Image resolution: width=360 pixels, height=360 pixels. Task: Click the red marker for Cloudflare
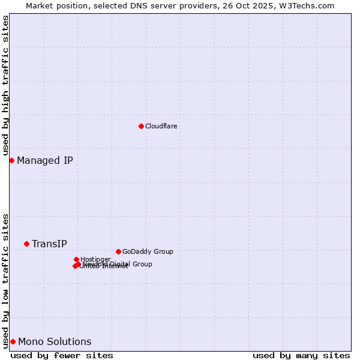point(141,126)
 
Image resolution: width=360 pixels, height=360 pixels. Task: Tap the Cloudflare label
point(161,126)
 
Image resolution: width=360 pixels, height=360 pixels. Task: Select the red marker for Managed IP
point(11,160)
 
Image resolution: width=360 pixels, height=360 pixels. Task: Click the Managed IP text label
point(45,160)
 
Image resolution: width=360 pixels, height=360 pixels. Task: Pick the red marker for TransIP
point(26,244)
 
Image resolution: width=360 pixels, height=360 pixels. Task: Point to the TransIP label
point(49,244)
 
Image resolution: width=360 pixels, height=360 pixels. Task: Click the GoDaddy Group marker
point(118,251)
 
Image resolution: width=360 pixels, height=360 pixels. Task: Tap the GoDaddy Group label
point(148,251)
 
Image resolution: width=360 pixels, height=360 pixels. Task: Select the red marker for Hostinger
point(76,259)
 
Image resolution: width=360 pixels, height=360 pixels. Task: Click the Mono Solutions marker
point(13,341)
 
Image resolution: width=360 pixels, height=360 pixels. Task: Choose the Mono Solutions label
point(55,342)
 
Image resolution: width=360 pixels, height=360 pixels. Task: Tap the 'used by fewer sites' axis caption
point(62,355)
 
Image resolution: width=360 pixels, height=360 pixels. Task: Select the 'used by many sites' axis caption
point(301,355)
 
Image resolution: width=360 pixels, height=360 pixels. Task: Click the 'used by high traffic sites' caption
point(5,85)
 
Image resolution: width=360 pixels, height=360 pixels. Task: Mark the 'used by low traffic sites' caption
point(5,280)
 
